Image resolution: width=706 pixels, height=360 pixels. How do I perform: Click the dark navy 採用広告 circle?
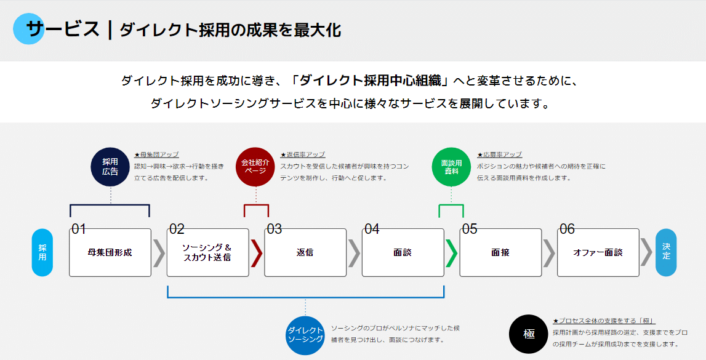point(110,167)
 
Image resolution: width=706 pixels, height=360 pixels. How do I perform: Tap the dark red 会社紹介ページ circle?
point(255,167)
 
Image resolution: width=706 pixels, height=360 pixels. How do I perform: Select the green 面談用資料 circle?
point(451,167)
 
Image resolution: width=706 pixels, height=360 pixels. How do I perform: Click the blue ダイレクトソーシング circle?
point(305,334)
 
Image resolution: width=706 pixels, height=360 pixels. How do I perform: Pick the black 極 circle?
point(529,334)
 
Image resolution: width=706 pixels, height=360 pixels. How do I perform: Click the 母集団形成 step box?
point(110,252)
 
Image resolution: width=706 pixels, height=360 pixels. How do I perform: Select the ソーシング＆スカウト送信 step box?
point(207,252)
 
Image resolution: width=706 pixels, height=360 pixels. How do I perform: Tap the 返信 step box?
point(305,252)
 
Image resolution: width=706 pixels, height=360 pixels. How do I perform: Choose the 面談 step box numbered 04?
point(403,252)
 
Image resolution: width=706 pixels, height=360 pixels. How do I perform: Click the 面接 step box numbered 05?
point(500,252)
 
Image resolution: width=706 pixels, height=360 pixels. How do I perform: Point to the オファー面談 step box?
point(598,252)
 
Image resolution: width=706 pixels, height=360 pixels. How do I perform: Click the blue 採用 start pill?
point(42,252)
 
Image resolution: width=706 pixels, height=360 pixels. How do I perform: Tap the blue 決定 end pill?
point(666,252)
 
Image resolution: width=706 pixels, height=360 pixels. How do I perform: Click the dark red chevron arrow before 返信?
point(257,253)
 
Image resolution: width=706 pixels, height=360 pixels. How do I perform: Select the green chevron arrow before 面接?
point(452,253)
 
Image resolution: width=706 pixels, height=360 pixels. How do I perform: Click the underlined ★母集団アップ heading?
point(156,155)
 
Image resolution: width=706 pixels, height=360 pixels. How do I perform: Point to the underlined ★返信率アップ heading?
point(303,155)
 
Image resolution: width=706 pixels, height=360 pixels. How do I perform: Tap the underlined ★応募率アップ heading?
point(499,155)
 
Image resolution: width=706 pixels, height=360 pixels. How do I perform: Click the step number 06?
point(567,229)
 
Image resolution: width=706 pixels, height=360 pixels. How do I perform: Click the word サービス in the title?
point(62,29)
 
